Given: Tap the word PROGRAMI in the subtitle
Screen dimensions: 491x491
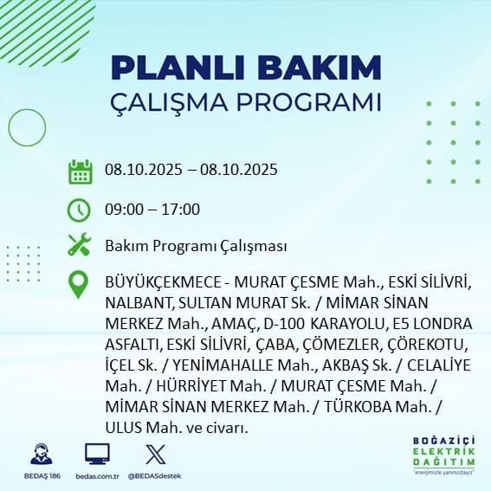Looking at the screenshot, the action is [309, 102].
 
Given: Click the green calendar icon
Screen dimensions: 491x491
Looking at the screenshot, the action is [81, 171].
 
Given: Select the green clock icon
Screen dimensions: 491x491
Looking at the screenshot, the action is [79, 210].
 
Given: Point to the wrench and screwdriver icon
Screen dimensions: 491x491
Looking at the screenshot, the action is [79, 244].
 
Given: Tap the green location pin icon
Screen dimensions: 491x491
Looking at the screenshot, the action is [78, 284].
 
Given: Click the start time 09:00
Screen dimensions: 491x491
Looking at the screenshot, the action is [123, 210].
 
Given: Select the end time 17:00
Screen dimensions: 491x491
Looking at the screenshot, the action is [181, 210].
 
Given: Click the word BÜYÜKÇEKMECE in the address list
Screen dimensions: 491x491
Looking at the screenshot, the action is [163, 282].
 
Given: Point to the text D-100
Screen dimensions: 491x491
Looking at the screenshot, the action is [284, 324].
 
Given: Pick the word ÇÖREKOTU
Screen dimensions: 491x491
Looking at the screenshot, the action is [425, 345].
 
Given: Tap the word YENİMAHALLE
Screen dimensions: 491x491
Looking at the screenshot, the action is [223, 365].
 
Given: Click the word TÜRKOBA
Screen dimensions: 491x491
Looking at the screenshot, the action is [358, 407].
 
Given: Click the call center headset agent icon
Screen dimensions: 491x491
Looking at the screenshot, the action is [42, 454].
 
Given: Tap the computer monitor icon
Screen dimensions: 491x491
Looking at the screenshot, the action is [97, 454].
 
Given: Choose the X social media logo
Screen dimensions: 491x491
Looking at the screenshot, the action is [156, 454].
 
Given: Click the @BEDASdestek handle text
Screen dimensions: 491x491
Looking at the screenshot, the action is [154, 476].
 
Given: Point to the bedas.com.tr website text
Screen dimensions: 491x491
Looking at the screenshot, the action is [97, 476].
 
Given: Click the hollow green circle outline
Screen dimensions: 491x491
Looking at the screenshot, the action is [9, 128].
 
